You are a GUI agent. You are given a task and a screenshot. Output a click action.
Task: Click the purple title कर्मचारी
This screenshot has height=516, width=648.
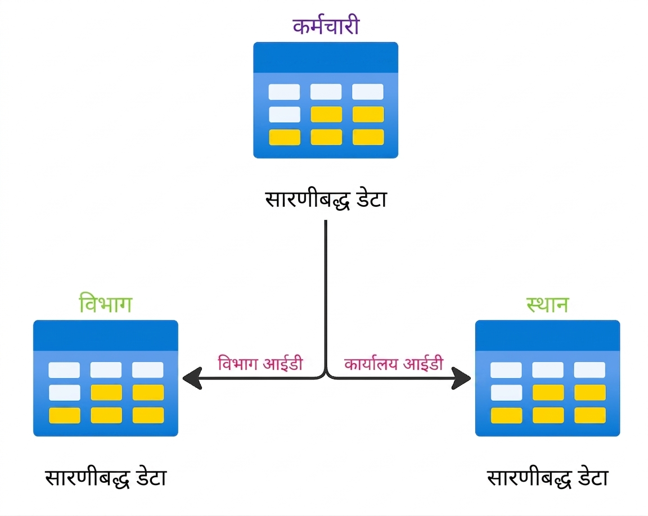(x=326, y=25)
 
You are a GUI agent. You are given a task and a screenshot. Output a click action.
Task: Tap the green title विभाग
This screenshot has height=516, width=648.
(x=105, y=304)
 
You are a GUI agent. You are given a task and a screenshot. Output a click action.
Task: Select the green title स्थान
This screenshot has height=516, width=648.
(x=547, y=305)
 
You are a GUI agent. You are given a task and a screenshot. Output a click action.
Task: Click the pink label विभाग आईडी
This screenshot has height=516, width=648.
(x=260, y=363)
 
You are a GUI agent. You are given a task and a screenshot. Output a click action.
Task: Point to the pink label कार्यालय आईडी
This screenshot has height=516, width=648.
(x=394, y=363)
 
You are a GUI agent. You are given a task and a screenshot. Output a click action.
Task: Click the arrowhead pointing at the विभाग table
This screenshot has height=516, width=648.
(x=192, y=378)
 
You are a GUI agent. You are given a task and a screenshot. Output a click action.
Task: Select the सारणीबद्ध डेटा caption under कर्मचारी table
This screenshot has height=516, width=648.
(x=326, y=200)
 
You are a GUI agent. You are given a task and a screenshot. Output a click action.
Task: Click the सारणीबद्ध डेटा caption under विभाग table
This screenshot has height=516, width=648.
(x=105, y=478)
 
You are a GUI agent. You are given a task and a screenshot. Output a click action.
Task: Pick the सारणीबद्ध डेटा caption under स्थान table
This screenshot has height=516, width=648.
(x=547, y=478)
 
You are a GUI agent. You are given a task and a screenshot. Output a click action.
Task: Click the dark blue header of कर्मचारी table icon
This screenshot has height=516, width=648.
(x=326, y=57)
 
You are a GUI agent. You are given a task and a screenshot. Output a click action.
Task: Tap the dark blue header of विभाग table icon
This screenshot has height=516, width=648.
(x=105, y=335)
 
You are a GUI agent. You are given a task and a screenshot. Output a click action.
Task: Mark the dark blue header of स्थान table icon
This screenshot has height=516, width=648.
(x=547, y=335)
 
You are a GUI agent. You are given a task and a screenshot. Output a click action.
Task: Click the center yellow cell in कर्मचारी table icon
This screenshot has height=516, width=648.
(x=326, y=114)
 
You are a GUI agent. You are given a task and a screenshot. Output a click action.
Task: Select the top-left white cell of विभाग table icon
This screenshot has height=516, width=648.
(x=64, y=370)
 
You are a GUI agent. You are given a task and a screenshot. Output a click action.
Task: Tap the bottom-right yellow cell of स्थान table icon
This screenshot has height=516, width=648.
(x=589, y=415)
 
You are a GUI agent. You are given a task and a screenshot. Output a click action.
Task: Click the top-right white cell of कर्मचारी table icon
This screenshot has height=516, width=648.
(x=368, y=92)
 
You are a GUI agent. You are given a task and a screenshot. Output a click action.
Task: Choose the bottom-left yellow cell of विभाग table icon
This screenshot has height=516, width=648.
(x=65, y=415)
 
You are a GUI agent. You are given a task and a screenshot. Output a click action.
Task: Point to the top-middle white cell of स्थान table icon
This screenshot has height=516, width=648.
(x=548, y=370)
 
